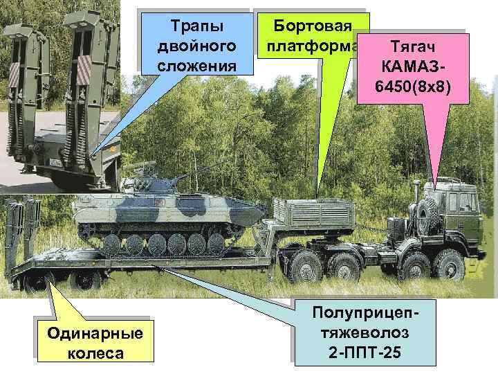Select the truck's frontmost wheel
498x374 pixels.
click(450, 266)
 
